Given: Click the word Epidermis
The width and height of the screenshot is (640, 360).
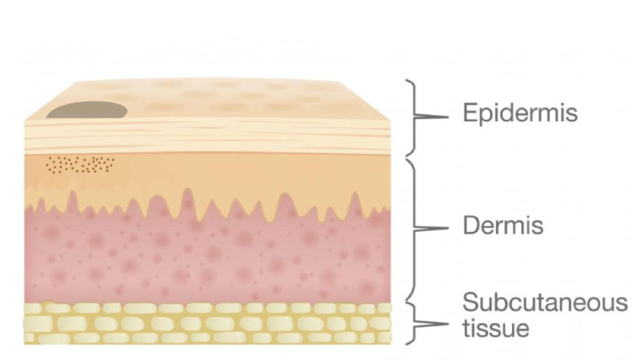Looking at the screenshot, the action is (520, 113).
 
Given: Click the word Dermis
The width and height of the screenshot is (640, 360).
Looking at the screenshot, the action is (503, 225).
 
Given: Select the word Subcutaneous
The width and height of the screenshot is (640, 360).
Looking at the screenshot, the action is (545, 302).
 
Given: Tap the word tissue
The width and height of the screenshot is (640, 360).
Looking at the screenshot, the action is (496, 327).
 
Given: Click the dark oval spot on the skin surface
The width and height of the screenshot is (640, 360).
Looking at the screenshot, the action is (87, 110).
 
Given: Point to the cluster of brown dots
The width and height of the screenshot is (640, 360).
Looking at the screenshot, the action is (80, 164).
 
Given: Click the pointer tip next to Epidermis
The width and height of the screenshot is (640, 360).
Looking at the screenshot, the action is (448, 117).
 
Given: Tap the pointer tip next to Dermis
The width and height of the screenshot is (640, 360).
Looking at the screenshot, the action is (448, 229).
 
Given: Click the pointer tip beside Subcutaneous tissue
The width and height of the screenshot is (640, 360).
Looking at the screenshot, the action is (448, 324).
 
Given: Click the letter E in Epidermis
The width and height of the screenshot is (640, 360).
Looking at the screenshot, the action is (470, 112).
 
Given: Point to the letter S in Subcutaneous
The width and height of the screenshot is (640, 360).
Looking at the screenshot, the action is (471, 302).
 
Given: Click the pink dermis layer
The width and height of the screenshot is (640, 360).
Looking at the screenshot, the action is (208, 257).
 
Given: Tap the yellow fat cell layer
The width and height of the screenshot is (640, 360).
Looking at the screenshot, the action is (208, 323).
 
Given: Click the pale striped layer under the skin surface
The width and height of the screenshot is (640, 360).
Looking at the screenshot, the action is (208, 136).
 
